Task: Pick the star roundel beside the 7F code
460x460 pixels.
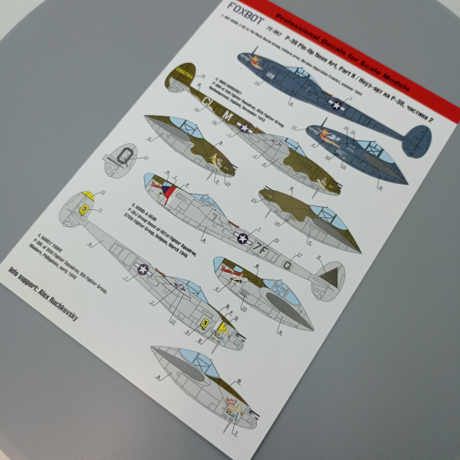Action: [245, 238]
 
